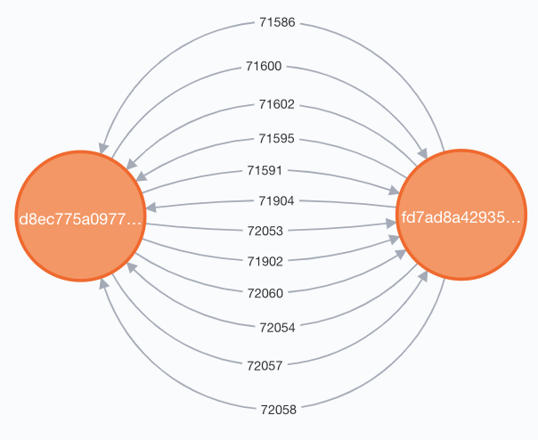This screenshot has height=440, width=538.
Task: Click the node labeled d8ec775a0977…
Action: point(81,216)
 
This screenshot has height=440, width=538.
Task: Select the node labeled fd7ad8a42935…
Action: point(461,215)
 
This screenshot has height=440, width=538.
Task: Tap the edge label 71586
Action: point(277,22)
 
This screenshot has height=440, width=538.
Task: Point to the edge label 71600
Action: point(264,66)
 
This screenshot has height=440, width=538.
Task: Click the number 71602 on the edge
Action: point(276,104)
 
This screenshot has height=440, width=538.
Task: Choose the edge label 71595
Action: point(276,138)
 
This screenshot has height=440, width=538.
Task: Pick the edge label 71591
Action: point(265,170)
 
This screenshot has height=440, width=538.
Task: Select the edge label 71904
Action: point(276,200)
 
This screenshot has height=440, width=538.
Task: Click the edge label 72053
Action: point(265,231)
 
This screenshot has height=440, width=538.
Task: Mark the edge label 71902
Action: point(265,262)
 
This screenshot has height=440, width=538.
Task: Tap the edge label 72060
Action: point(265,293)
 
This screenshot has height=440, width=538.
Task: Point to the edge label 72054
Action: point(277,328)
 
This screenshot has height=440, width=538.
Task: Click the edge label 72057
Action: point(265,366)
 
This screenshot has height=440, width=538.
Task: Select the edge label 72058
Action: point(278,410)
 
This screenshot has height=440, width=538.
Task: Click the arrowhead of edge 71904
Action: point(151,208)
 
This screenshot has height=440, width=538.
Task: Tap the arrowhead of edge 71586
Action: point(103,148)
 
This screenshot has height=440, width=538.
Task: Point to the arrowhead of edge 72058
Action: point(104,283)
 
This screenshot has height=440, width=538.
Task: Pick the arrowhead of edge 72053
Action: point(391,224)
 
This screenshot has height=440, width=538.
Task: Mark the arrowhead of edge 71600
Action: point(423,153)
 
